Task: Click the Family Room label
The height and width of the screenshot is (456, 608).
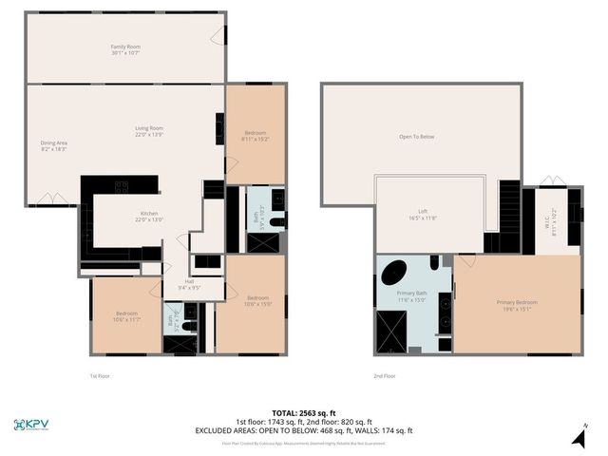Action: [x=124, y=49]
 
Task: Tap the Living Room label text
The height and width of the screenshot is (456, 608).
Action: [x=149, y=131]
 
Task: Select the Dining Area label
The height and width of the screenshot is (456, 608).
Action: [x=53, y=145]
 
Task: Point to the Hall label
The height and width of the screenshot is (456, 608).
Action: [x=188, y=284]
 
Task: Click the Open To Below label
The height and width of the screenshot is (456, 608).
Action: [x=416, y=137]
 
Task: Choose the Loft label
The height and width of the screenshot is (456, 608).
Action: [x=423, y=215]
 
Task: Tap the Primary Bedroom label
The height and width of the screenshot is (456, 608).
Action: [x=518, y=305]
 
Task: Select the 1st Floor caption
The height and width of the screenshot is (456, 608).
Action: [x=100, y=376]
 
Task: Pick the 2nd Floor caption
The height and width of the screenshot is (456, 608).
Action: [x=386, y=376]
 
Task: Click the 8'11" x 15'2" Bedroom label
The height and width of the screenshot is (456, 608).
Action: [x=256, y=135]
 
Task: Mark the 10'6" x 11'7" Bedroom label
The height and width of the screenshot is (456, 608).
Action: [x=127, y=316]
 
